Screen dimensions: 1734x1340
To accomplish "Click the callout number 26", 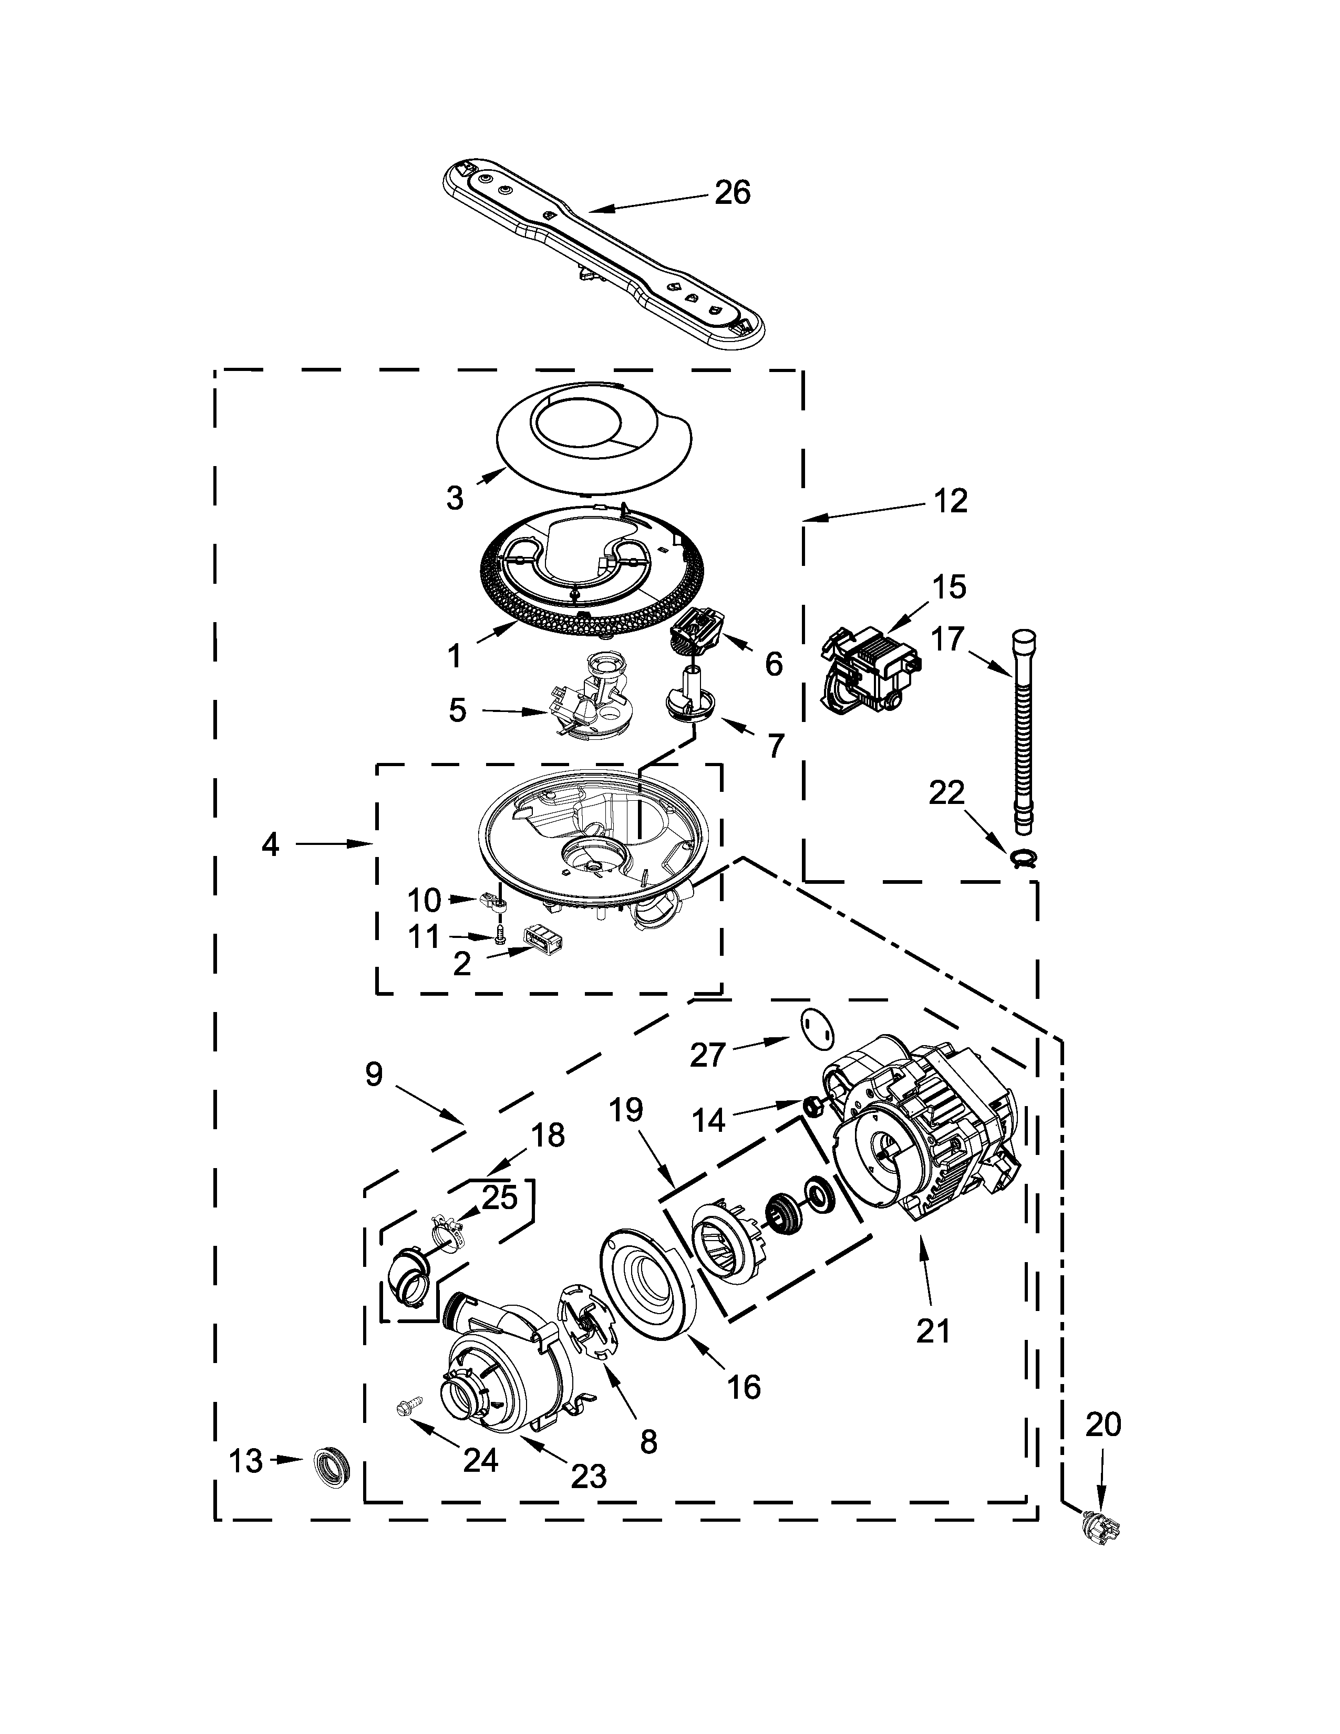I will click(732, 193).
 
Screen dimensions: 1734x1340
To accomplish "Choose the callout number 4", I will click(271, 845).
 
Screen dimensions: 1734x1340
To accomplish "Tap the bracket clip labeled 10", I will click(493, 901).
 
